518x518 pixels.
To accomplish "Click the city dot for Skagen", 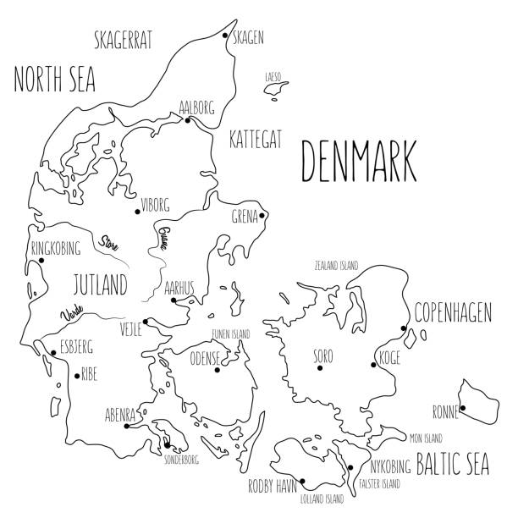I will tap(225, 36).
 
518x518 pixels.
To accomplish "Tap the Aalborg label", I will tap(196, 107).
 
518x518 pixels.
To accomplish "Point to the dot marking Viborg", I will tap(137, 212).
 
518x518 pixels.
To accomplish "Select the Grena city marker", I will tap(262, 215).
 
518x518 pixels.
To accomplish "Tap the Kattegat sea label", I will tap(255, 138).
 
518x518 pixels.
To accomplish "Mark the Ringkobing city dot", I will tap(40, 261).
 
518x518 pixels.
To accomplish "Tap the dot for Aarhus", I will tap(173, 300).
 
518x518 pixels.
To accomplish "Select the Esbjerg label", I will tap(74, 345).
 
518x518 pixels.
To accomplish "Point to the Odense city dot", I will tap(218, 369).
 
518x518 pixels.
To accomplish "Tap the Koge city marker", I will tap(373, 366).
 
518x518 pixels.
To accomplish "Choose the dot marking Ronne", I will tap(461, 408).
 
